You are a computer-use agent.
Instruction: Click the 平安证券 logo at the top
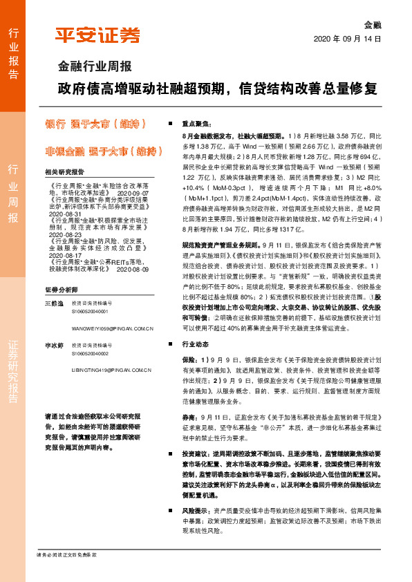[97, 36]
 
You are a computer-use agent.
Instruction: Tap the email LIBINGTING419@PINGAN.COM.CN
[111, 370]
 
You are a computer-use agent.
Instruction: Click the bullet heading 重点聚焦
[196, 122]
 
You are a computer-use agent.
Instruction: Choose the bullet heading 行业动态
[196, 343]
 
